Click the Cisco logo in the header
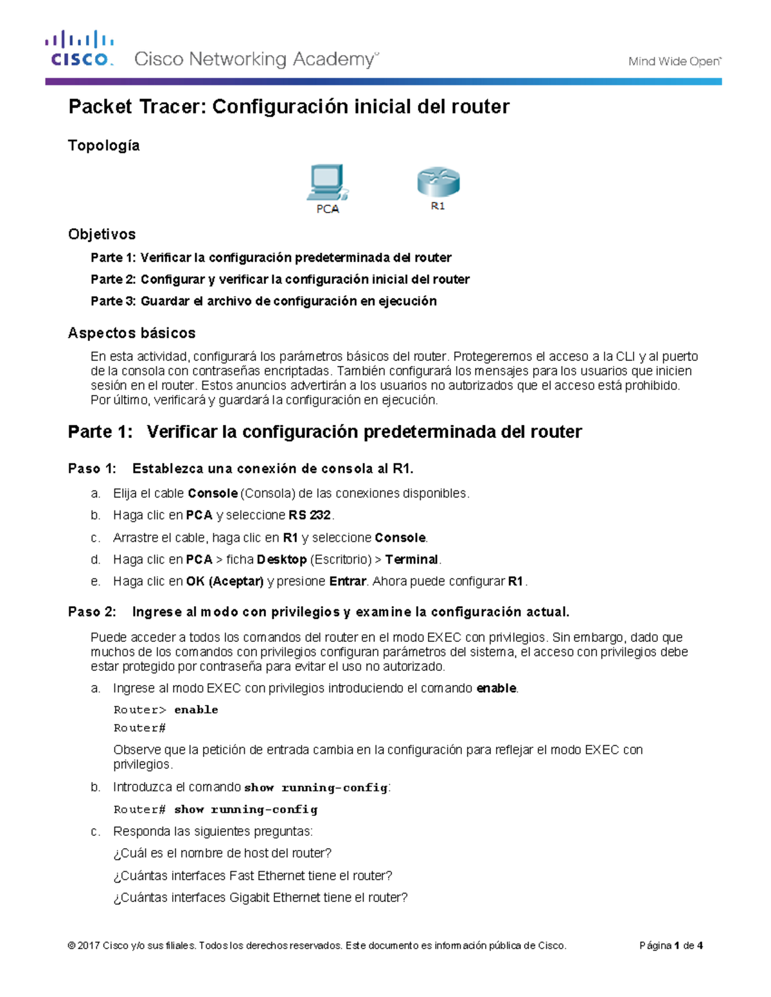pos(79,49)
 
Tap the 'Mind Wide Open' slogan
pos(674,62)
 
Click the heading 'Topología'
pos(103,146)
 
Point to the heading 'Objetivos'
pos(102,234)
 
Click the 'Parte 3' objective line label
pos(113,301)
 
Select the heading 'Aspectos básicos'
pos(132,333)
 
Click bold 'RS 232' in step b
pos(310,516)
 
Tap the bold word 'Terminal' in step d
pos(411,560)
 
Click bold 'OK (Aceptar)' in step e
pos(225,582)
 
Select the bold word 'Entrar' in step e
pos(348,582)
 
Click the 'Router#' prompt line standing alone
pos(139,728)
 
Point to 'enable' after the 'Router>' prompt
pos(196,710)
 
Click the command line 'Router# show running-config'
pos(215,810)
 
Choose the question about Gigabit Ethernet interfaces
pos(260,897)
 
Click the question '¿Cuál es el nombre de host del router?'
pos(222,853)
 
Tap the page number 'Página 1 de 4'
pos(671,946)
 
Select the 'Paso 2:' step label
pos(92,612)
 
